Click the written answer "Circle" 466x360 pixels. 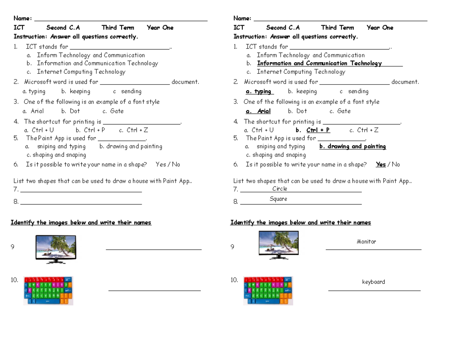pyautogui.click(x=280, y=189)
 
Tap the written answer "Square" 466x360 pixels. pyautogui.click(x=278, y=199)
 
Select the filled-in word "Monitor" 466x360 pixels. pyautogui.click(x=366, y=242)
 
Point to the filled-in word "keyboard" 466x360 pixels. pyautogui.click(x=373, y=282)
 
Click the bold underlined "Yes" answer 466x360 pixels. pyautogui.click(x=381, y=164)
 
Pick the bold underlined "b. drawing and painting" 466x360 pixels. pyautogui.click(x=353, y=146)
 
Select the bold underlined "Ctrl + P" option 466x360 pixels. pyautogui.click(x=318, y=130)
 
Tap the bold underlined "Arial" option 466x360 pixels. pyautogui.click(x=264, y=111)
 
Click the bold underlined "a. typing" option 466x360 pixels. pyautogui.click(x=259, y=91)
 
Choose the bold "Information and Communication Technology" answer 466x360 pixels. pyautogui.click(x=319, y=63)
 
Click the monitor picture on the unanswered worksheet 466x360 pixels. pyautogui.click(x=56, y=249)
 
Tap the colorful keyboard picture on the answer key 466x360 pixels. pyautogui.click(x=268, y=290)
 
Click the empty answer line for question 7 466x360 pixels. pyautogui.click(x=81, y=190)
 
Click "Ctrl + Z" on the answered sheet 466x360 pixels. pyautogui.click(x=367, y=130)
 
